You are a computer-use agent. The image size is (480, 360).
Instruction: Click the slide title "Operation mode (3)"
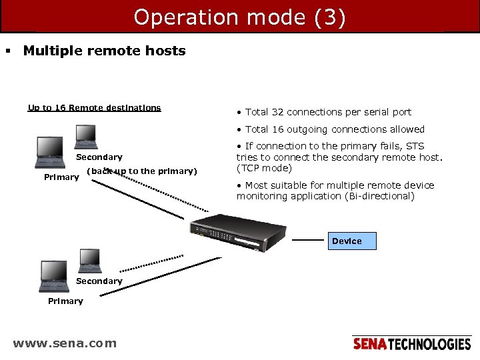click(x=239, y=17)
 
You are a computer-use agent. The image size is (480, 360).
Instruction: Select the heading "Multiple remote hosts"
click(x=104, y=51)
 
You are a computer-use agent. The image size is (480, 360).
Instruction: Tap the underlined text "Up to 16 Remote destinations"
click(x=94, y=108)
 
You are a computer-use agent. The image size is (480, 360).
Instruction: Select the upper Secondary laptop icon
click(x=86, y=137)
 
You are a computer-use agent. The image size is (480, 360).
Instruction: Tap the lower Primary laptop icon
click(x=53, y=276)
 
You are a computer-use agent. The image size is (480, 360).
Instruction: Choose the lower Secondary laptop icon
click(x=89, y=261)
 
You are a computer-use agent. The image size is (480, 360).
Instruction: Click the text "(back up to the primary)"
click(x=142, y=171)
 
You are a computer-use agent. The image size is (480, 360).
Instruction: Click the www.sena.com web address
click(x=65, y=343)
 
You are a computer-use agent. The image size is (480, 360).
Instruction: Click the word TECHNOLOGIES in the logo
click(x=429, y=344)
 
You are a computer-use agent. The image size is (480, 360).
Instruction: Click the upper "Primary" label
click(x=61, y=177)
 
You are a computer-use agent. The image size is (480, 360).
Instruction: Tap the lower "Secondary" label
click(x=99, y=281)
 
